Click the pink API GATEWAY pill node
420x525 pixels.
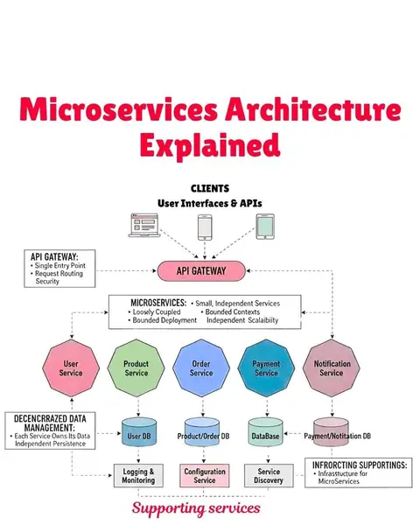click(201, 271)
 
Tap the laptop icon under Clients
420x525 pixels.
click(144, 225)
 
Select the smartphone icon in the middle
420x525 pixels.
click(205, 227)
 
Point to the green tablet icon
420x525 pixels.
click(265, 227)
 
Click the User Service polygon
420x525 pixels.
click(71, 368)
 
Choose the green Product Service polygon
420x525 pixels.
click(136, 368)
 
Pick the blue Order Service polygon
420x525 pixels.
click(201, 368)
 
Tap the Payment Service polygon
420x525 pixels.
click(266, 368)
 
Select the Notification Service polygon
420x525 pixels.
click(332, 368)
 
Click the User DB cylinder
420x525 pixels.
click(138, 432)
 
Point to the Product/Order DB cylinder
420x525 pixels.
click(202, 432)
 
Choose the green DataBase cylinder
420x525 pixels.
click(266, 432)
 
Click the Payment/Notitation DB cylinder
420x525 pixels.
click(332, 432)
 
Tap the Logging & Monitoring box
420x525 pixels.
click(138, 475)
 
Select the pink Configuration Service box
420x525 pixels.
click(205, 475)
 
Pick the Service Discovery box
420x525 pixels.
click(269, 475)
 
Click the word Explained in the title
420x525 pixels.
click(210, 145)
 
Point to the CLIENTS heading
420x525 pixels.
click(210, 188)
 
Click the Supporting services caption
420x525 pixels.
click(196, 508)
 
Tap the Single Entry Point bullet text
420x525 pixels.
click(60, 265)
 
